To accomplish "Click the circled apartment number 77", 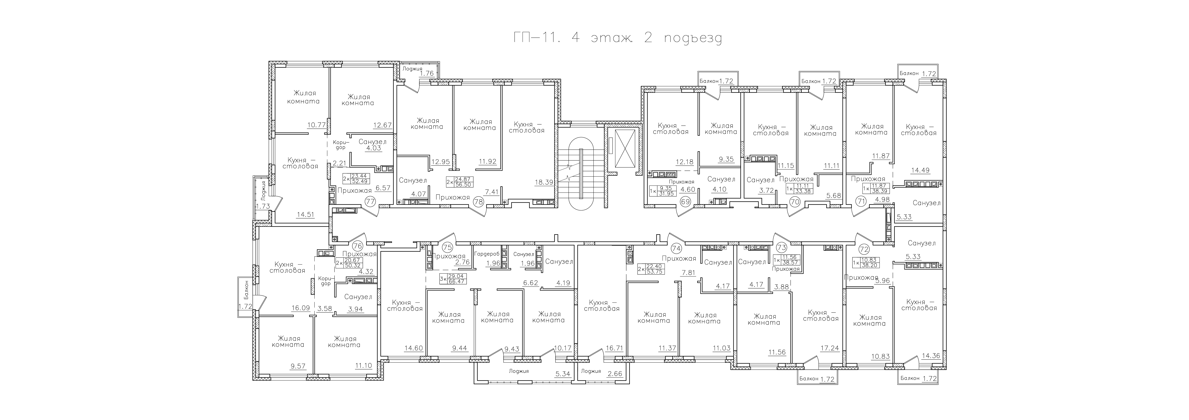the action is point(370,201).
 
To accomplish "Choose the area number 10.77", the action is point(317,125).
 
